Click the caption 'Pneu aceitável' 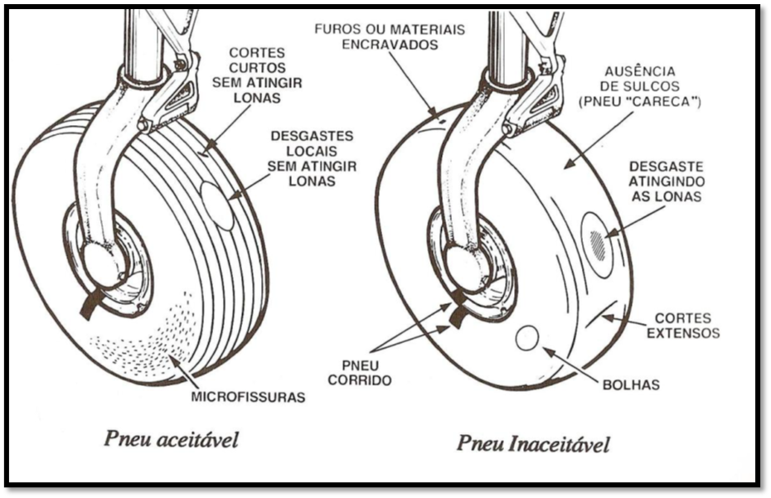(172, 439)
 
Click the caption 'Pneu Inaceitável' (532, 443)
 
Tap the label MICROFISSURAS (248, 397)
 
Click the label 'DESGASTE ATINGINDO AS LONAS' (667, 181)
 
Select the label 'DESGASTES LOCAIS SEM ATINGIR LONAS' (312, 157)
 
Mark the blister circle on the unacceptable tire (527, 338)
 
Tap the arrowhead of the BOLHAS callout (547, 351)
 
